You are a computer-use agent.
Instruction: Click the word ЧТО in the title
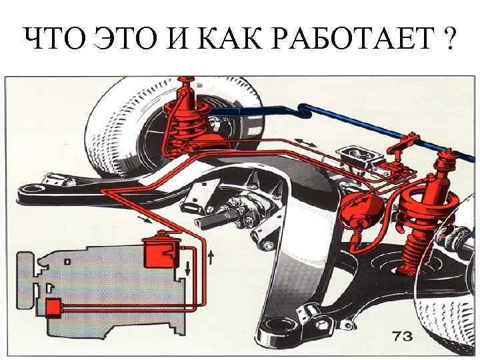(55, 38)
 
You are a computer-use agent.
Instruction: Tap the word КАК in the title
(229, 38)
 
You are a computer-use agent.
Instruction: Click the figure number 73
(403, 336)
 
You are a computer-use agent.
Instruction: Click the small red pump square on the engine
(53, 307)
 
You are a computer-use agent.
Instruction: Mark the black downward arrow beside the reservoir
(187, 268)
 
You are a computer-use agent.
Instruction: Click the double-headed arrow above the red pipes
(305, 142)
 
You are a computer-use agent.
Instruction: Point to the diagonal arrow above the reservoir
(145, 219)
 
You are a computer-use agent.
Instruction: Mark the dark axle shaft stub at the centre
(216, 218)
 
